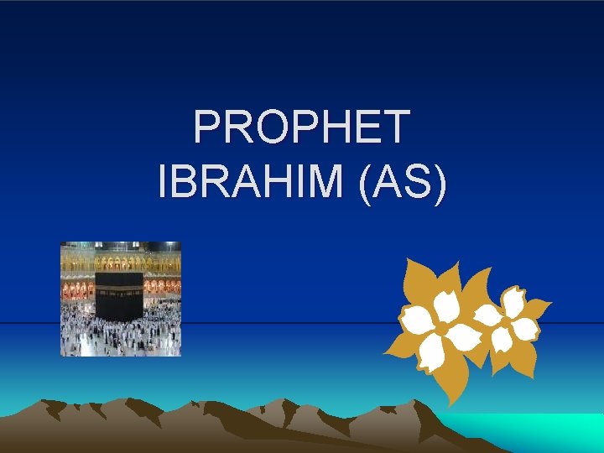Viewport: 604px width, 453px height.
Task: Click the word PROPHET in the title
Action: (302, 128)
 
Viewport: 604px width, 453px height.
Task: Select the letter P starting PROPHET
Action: (206, 128)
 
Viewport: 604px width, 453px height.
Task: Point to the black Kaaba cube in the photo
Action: (119, 295)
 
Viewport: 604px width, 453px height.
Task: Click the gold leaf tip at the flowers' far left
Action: (387, 352)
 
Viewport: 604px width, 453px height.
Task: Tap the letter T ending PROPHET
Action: (393, 128)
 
